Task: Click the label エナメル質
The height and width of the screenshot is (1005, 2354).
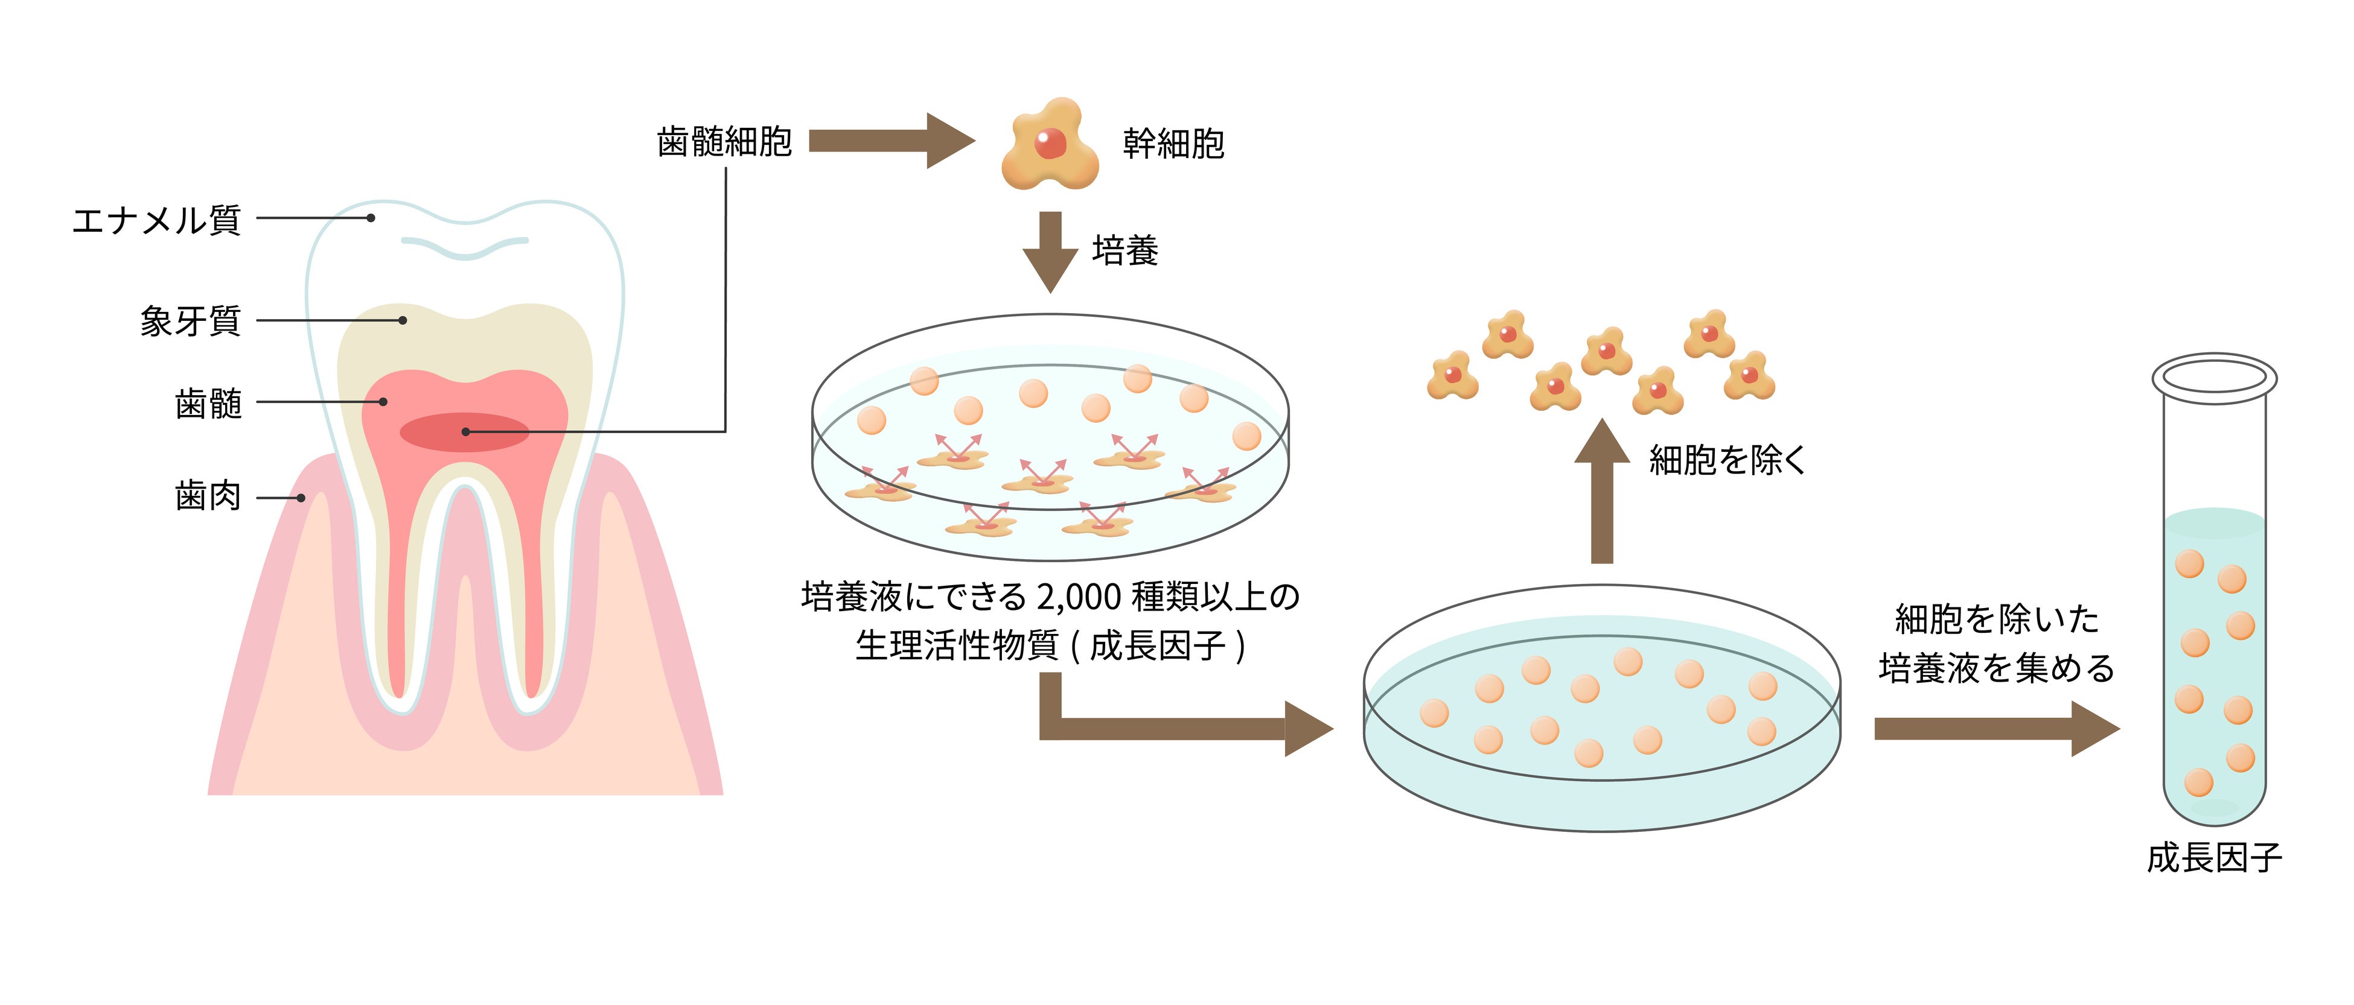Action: click(156, 220)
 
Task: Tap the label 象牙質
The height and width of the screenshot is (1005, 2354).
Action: click(190, 321)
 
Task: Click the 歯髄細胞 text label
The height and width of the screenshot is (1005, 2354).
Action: click(724, 142)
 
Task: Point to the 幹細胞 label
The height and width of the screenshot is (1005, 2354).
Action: click(1173, 144)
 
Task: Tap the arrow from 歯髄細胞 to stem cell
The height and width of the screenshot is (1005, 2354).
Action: click(890, 141)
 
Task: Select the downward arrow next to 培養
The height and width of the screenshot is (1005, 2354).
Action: click(1051, 250)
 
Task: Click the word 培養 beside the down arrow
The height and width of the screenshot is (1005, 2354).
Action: click(1125, 250)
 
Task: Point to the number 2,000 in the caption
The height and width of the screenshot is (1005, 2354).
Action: click(1079, 597)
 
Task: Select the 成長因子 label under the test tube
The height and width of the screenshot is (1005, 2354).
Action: click(2214, 858)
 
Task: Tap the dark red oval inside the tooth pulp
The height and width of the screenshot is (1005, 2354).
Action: click(464, 432)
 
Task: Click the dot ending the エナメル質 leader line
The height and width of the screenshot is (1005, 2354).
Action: click(371, 218)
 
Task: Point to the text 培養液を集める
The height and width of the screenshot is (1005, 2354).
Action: click(1997, 668)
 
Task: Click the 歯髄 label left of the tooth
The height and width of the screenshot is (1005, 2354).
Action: click(208, 403)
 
